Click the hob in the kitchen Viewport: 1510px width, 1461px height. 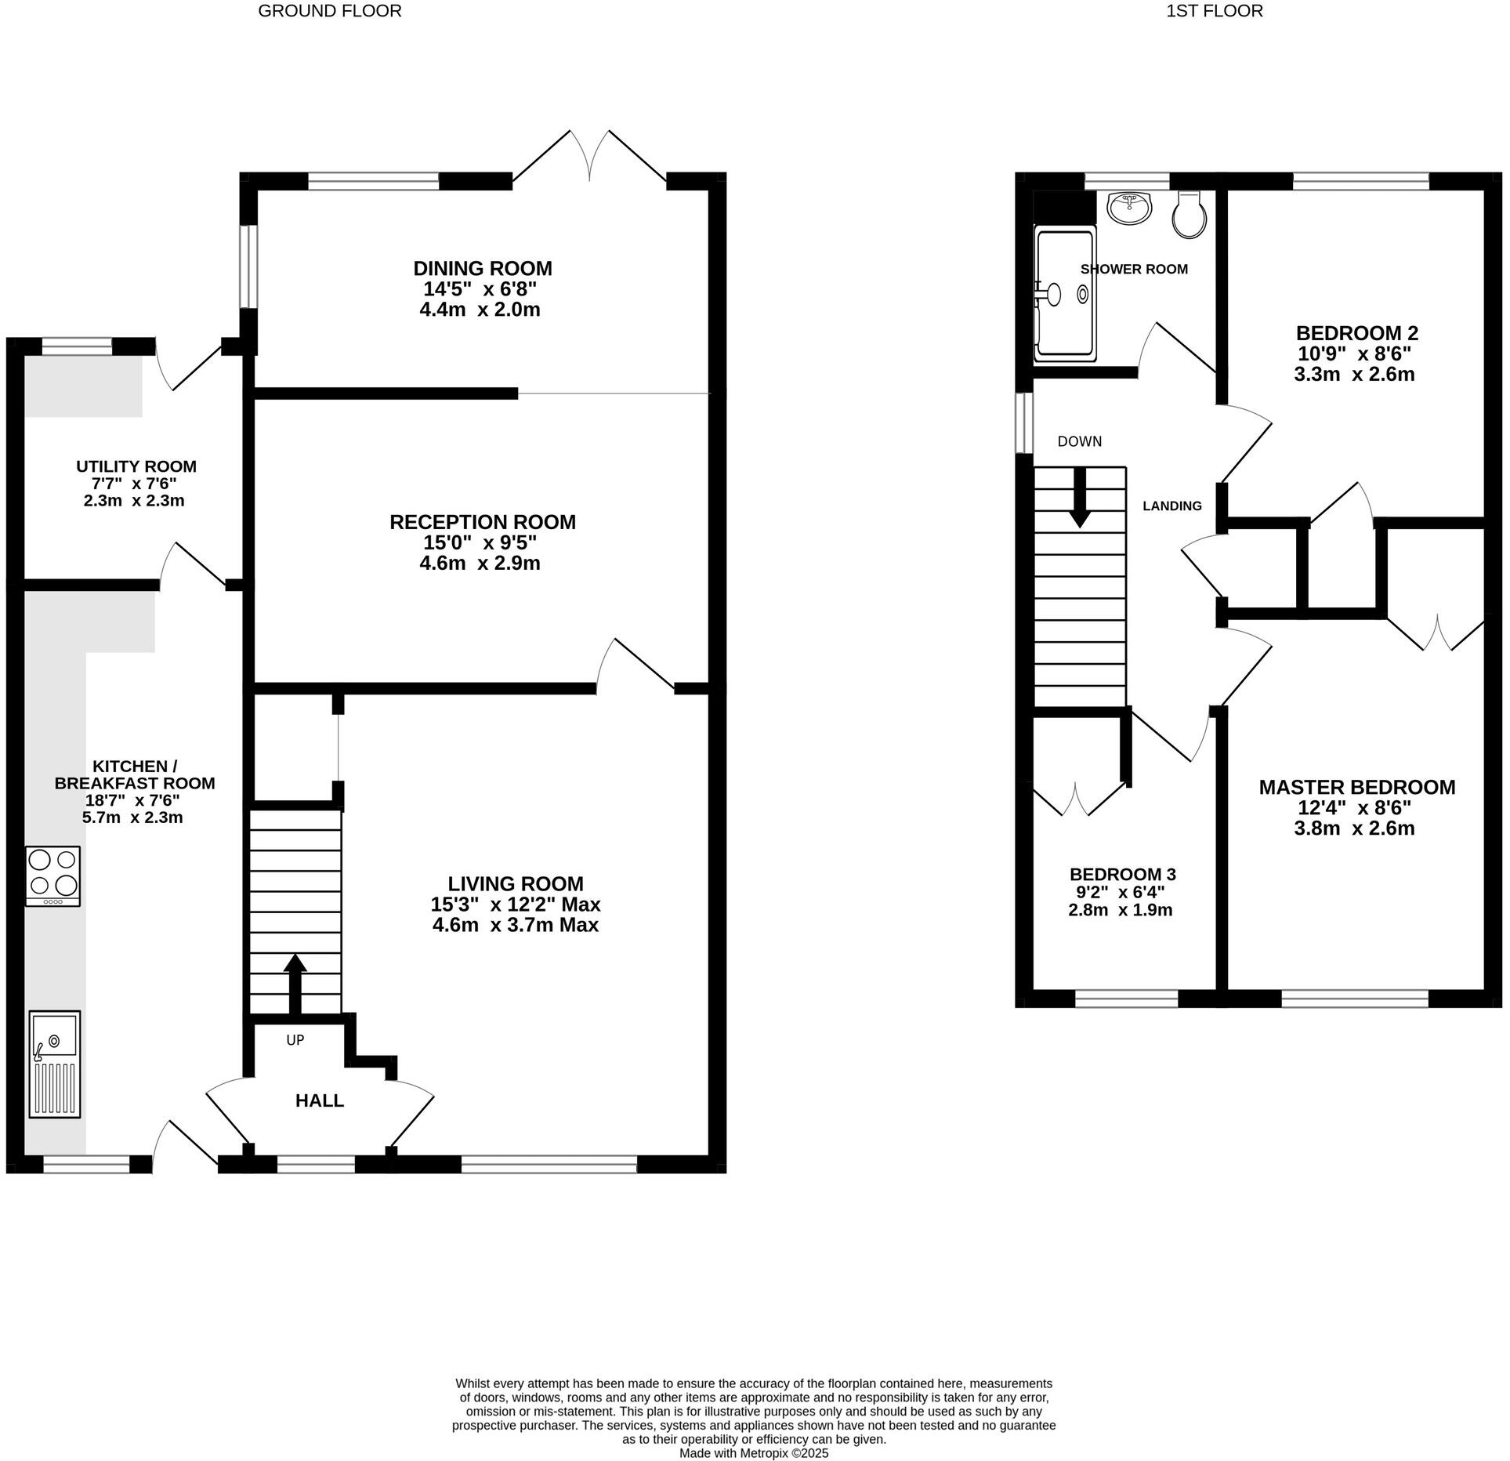(53, 876)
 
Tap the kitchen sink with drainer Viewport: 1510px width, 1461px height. (54, 1064)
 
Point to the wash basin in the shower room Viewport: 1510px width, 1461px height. (1129, 208)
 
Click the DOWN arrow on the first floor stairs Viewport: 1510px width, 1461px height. (1080, 498)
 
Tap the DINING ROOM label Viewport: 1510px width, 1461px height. (483, 269)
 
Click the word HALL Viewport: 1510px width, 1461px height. (319, 1100)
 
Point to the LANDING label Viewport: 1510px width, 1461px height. (1171, 506)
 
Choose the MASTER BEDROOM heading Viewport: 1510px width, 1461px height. (1356, 787)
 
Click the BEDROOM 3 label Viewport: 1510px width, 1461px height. (1122, 874)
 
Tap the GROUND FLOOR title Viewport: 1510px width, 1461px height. (330, 11)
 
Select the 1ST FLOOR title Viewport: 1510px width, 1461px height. (1215, 11)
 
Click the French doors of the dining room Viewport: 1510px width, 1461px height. (589, 157)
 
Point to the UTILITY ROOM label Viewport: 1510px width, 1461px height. (136, 466)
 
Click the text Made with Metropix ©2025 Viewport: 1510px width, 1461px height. (753, 1452)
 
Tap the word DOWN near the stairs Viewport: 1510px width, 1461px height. (1079, 441)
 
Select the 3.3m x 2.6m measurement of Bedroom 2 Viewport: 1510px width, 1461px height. (1353, 375)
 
